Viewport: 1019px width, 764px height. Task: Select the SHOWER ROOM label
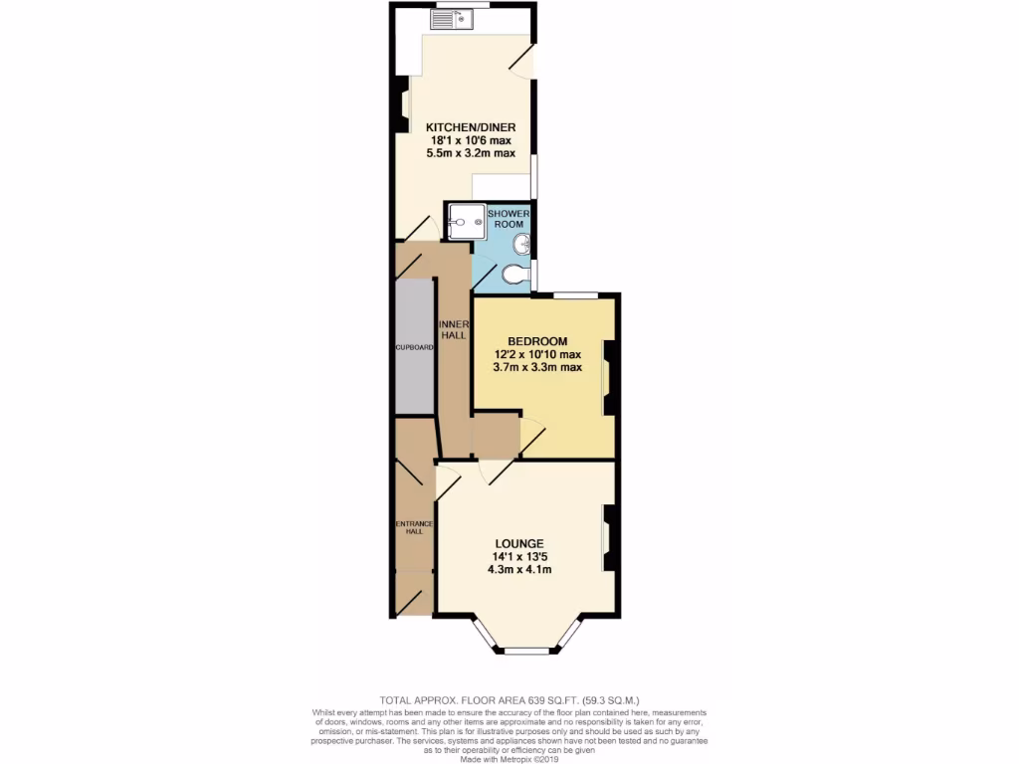509,219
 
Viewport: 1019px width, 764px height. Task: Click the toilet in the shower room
515,274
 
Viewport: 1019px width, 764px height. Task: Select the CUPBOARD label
413,348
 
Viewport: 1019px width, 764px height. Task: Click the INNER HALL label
454,329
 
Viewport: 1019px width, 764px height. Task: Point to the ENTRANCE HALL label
413,527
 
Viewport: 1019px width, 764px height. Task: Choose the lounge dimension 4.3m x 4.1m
519,570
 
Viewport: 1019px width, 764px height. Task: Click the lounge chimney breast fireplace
608,539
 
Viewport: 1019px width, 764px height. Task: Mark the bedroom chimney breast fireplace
608,378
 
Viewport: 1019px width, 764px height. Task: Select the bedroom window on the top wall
575,294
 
